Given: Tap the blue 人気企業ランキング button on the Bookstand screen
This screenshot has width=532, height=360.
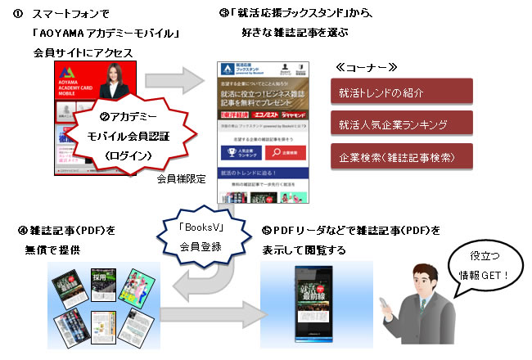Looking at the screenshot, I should click(240, 152).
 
